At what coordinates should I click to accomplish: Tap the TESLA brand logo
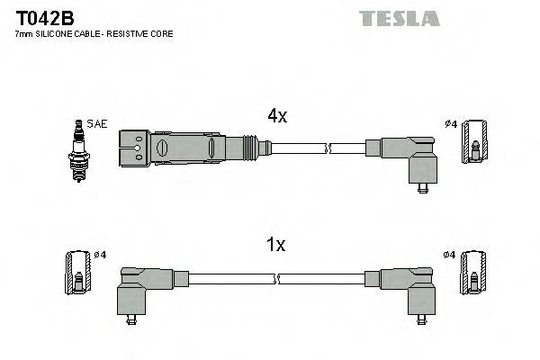pos(399,18)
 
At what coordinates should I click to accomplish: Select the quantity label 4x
pos(276,115)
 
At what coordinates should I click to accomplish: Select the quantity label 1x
pos(276,244)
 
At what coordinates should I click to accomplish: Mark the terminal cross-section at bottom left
pos(78,272)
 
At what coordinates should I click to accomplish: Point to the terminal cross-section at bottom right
pos(472,272)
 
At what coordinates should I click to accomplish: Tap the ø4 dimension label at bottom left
pos(100,256)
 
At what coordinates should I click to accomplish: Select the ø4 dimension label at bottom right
pos(449,256)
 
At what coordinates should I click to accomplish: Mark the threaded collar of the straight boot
pos(248,147)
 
